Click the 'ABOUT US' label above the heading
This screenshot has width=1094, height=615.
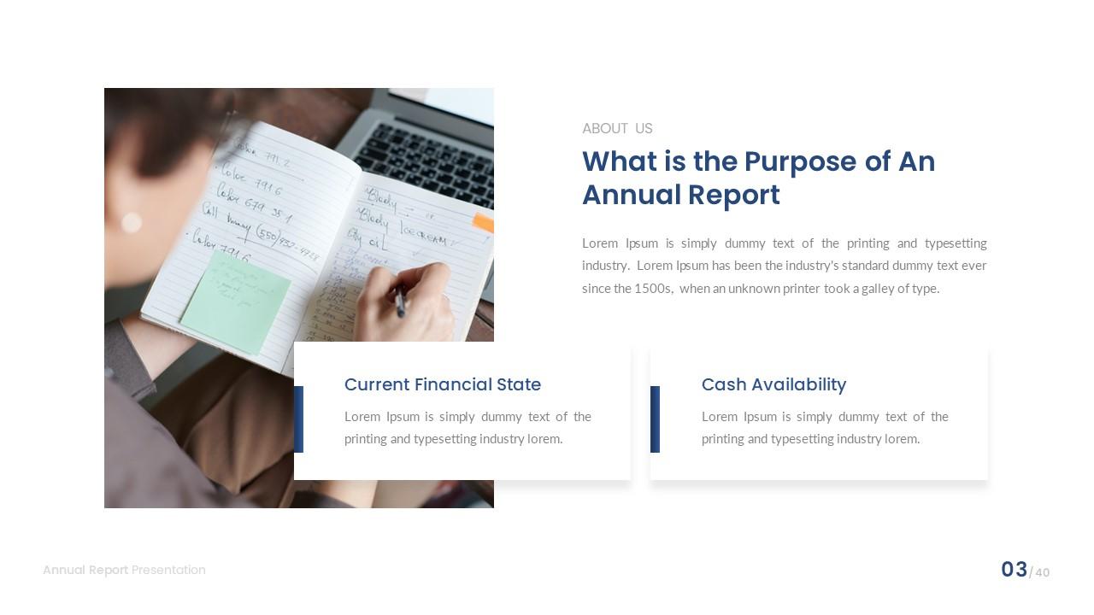click(617, 129)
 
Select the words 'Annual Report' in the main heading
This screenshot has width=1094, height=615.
click(681, 196)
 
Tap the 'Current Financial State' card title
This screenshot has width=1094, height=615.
click(442, 385)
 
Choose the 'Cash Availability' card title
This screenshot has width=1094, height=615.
click(773, 385)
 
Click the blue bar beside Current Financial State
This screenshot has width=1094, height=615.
click(298, 419)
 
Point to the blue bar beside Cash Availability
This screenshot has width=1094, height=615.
click(655, 419)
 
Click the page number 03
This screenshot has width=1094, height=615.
click(1014, 570)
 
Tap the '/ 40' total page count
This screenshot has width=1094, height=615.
click(1040, 572)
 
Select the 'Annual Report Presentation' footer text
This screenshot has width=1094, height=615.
click(124, 571)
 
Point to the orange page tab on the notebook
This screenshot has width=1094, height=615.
click(484, 223)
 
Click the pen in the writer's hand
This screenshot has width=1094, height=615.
click(399, 302)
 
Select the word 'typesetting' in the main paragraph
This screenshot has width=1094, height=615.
click(956, 243)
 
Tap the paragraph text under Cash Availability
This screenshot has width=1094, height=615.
click(825, 428)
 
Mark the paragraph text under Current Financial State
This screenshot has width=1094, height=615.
click(468, 428)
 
